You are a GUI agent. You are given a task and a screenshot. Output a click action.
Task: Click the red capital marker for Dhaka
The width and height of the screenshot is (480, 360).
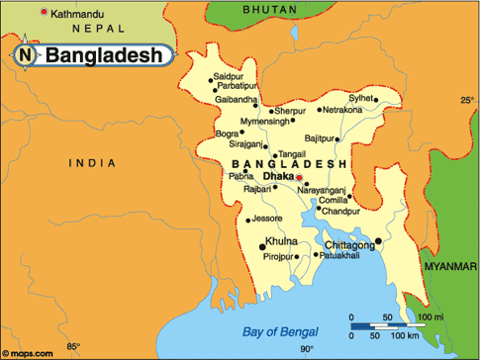click(x=301, y=179)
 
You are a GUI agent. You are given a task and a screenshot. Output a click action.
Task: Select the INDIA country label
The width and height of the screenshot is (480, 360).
click(x=92, y=162)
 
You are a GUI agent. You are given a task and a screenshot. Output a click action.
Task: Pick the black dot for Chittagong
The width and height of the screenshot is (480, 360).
click(x=378, y=238)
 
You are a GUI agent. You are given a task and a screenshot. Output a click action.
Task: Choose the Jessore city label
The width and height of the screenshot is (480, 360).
click(x=268, y=218)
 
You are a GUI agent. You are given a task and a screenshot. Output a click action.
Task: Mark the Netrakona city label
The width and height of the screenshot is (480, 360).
click(x=342, y=110)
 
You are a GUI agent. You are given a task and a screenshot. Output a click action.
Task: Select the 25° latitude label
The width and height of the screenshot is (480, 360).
click(x=466, y=100)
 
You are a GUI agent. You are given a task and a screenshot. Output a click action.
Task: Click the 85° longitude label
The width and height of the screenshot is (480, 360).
click(x=72, y=346)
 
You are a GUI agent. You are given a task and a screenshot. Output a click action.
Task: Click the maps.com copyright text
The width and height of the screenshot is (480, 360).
click(x=27, y=353)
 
